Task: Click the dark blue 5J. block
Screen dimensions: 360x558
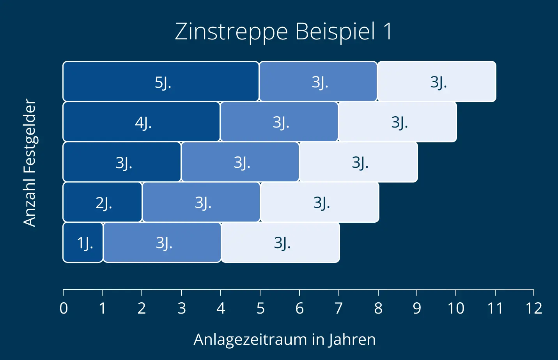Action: [161, 82]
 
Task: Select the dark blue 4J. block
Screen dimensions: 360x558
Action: [141, 122]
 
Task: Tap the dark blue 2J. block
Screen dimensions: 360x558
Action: [102, 202]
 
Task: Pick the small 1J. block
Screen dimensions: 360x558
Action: [83, 243]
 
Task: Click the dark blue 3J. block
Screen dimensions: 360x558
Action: [122, 162]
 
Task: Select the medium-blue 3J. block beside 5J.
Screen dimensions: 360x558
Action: [318, 82]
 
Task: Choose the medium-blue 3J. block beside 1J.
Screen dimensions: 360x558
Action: [162, 243]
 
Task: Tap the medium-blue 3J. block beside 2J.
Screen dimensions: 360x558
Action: [201, 202]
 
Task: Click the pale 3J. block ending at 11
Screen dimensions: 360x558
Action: [437, 82]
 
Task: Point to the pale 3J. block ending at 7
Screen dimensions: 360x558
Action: [280, 243]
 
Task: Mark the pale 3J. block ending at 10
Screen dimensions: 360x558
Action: [397, 122]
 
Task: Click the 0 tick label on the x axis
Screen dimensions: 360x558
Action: [64, 309]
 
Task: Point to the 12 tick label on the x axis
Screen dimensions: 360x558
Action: [534, 309]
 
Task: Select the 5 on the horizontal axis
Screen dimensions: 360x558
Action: [260, 309]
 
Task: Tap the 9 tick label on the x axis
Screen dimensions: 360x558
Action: [417, 309]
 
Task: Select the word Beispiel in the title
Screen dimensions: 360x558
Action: [335, 32]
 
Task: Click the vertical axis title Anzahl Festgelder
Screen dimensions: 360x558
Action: [30, 162]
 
